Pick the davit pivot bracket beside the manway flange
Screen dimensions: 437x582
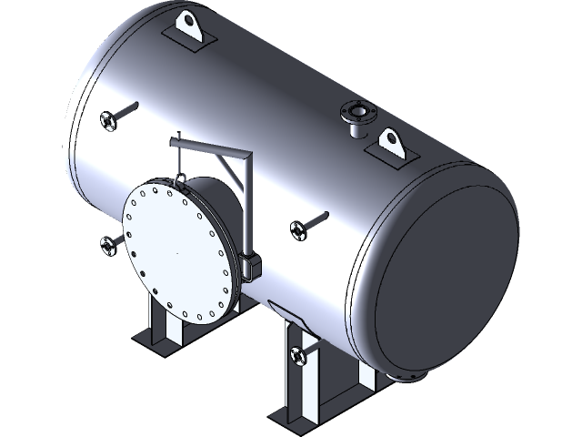click(251, 265)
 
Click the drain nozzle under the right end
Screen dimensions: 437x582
click(407, 376)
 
